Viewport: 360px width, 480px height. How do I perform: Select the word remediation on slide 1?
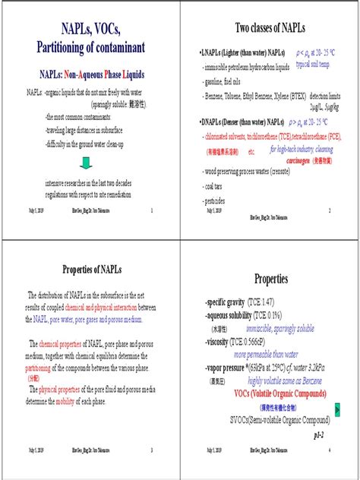(x=113, y=194)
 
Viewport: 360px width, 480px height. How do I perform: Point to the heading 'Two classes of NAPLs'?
(x=270, y=27)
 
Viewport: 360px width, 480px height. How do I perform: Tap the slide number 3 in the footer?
(x=152, y=451)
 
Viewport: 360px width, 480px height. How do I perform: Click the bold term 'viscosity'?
(x=223, y=343)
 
